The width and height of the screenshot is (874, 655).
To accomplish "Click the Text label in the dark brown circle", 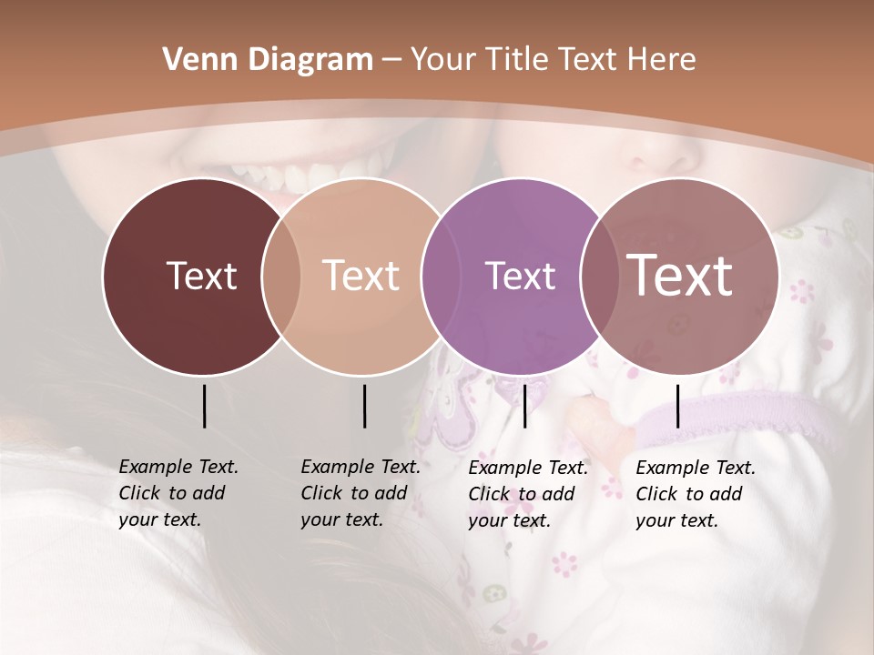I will (x=201, y=276).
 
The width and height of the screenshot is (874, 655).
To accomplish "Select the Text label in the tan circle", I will (x=361, y=276).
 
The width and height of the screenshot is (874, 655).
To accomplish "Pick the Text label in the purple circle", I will (x=521, y=276).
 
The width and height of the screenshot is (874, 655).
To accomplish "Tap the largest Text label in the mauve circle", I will (x=680, y=276).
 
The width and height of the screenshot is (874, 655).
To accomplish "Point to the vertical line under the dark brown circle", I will (x=204, y=406).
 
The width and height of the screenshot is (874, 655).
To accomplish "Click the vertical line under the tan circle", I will (x=364, y=406).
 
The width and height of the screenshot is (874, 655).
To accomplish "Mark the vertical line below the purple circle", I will (x=524, y=406).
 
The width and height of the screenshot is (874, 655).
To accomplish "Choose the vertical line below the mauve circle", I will (x=678, y=406).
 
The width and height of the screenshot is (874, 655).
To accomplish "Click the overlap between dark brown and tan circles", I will (x=281, y=276).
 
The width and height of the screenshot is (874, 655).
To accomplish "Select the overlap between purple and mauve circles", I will (x=599, y=276).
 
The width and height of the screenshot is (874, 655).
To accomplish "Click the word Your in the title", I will (x=442, y=60).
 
